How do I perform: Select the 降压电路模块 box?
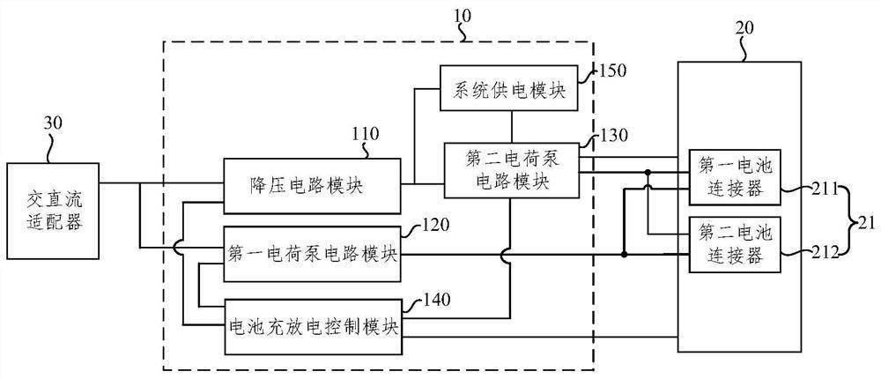311,186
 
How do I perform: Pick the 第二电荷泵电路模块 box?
511,170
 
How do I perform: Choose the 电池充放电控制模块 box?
313,325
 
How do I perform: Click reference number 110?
365,135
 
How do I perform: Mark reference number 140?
435,298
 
